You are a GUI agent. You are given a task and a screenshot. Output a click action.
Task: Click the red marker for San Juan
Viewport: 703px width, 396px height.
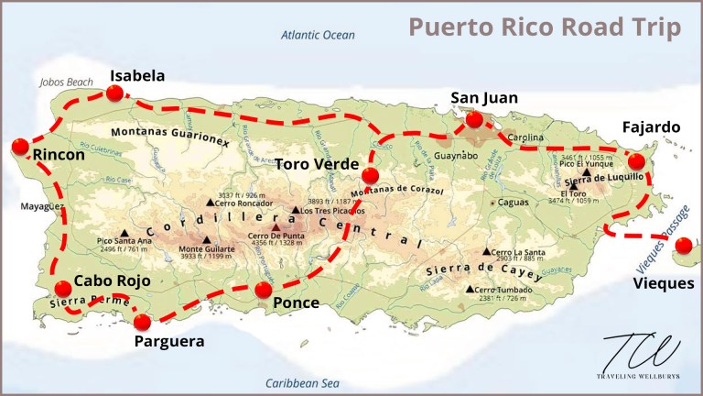click(x=474, y=119)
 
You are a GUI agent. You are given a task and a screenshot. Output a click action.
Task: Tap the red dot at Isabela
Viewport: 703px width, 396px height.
click(x=114, y=93)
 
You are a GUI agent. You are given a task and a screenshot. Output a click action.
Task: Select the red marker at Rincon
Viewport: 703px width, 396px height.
click(x=20, y=147)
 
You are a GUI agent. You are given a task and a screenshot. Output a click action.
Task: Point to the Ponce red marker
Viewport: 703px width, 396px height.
click(x=264, y=291)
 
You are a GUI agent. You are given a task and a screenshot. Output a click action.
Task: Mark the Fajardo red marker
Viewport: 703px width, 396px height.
click(x=637, y=161)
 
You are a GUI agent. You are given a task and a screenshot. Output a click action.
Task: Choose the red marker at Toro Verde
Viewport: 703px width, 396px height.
click(x=370, y=176)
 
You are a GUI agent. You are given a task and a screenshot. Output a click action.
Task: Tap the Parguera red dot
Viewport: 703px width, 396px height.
click(x=141, y=322)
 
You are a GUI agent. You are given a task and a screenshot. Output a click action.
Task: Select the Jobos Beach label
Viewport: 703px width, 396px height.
click(x=67, y=82)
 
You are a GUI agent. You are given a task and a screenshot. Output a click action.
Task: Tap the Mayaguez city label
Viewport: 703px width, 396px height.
click(x=41, y=207)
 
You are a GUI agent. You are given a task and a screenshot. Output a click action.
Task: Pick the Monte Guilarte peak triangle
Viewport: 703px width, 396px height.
click(x=207, y=240)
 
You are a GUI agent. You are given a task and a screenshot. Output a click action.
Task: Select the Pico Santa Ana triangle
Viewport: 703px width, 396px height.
click(x=123, y=233)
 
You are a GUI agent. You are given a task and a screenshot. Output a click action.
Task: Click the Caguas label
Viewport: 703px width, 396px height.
click(x=512, y=202)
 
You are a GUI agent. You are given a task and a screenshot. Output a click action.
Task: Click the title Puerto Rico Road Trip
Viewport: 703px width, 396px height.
click(x=544, y=27)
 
